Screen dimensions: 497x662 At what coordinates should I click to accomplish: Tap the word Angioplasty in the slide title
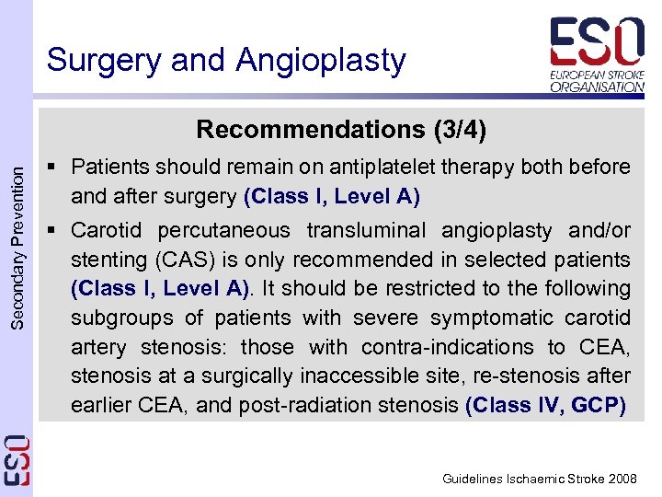(x=321, y=60)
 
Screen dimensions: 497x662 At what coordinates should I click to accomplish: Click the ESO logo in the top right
(x=597, y=54)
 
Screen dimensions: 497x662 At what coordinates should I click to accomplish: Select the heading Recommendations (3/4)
(x=341, y=129)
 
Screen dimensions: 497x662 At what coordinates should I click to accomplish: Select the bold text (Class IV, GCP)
(x=546, y=406)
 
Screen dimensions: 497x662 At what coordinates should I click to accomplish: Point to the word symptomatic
(x=504, y=318)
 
